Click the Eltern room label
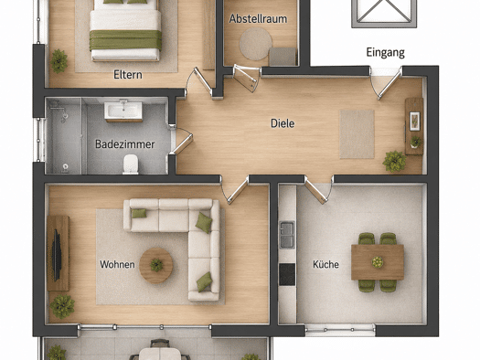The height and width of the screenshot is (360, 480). tap(128, 75)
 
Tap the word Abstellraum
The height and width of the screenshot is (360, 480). tap(258, 18)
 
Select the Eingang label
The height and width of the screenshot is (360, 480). tap(386, 53)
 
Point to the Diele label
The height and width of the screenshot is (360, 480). tap(283, 123)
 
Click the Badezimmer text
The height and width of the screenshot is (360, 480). tap(124, 144)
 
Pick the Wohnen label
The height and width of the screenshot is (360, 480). tap(117, 264)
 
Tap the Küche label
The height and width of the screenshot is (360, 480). tap(325, 264)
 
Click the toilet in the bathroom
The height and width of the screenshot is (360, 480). tap(131, 164)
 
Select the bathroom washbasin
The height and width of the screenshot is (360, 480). tap(123, 111)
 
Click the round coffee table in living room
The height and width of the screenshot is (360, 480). tap(155, 265)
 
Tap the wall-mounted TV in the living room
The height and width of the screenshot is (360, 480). tap(57, 256)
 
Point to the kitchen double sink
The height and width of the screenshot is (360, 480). tap(287, 235)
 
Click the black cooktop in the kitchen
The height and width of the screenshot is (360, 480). tap(287, 274)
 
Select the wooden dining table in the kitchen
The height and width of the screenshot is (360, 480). tap(378, 262)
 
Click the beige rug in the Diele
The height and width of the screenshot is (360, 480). tap(357, 134)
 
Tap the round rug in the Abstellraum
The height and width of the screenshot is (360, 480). tap(256, 44)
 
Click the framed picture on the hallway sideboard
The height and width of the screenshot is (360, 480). tap(415, 122)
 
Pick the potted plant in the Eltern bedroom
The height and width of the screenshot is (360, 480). tap(59, 61)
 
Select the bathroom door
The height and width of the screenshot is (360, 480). tap(181, 141)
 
